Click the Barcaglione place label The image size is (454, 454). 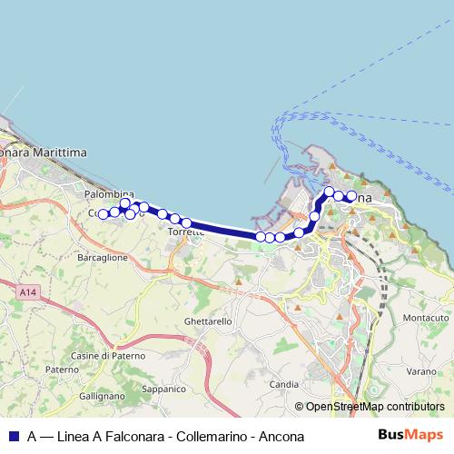tap(103, 258)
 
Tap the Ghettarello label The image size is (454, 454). tap(208, 321)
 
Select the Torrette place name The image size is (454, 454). tap(183, 232)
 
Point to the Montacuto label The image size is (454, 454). tap(427, 318)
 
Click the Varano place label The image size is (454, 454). tap(421, 370)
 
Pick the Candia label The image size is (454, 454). tap(284, 384)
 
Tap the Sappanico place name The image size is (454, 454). tap(164, 389)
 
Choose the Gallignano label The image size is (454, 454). tap(101, 396)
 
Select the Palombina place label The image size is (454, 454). tap(109, 194)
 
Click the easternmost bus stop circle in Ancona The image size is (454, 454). tap(350, 196)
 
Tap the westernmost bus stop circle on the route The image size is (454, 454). tap(103, 214)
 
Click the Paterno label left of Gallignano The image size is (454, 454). tap(63, 370)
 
